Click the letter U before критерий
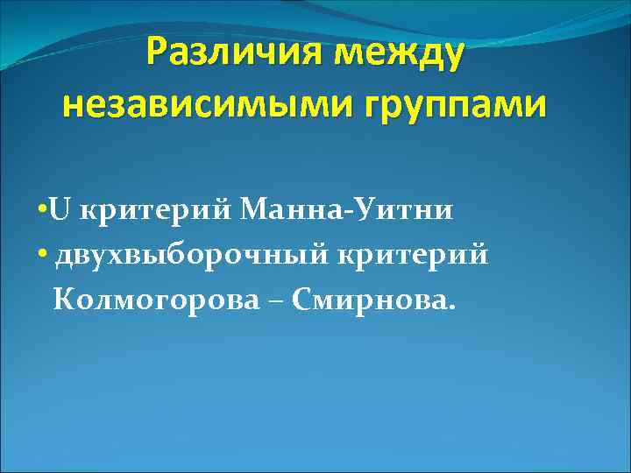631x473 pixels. click(60, 211)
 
